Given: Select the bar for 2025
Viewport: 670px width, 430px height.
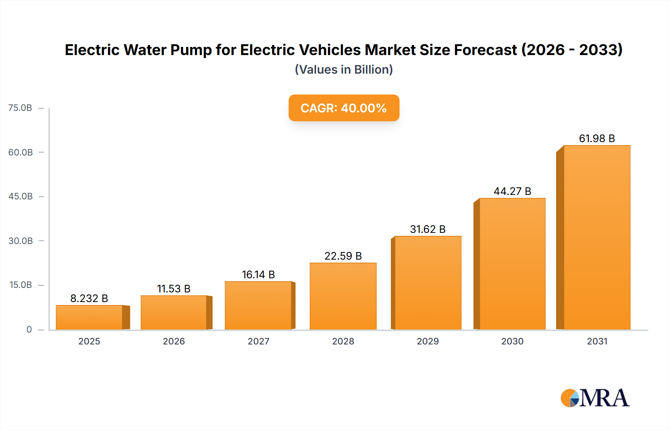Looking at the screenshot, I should (x=89, y=317).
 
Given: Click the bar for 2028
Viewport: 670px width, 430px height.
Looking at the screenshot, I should (x=343, y=296).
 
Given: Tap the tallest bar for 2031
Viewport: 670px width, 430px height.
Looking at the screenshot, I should (x=597, y=237).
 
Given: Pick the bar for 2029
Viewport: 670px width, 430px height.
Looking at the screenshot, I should (x=428, y=283).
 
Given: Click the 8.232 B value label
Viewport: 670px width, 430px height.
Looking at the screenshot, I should (x=89, y=298).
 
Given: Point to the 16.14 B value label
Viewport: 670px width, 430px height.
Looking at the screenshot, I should (x=258, y=275).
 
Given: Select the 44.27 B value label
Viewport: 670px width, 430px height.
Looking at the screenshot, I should (x=512, y=191).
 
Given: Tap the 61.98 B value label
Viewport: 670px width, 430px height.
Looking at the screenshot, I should (x=597, y=138).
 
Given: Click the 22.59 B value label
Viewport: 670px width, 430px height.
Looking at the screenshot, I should (x=343, y=256).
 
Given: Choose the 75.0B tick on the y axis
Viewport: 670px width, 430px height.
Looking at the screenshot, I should (x=20, y=108).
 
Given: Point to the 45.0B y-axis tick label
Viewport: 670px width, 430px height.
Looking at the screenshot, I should (x=20, y=196).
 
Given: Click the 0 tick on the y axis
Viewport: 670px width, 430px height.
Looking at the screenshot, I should (x=29, y=330).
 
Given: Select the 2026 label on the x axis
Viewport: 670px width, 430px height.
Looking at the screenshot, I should (x=174, y=341).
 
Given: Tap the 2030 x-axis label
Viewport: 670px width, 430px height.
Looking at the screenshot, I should (x=512, y=341).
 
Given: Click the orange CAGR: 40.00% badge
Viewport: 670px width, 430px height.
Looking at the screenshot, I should (x=344, y=108).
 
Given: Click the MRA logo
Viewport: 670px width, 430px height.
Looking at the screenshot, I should (x=595, y=398).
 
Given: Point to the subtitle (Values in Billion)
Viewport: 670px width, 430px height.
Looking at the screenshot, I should (x=344, y=70).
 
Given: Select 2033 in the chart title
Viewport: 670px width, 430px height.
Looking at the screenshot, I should (x=599, y=50).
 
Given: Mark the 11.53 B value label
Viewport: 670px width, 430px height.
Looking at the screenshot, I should (x=174, y=289).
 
